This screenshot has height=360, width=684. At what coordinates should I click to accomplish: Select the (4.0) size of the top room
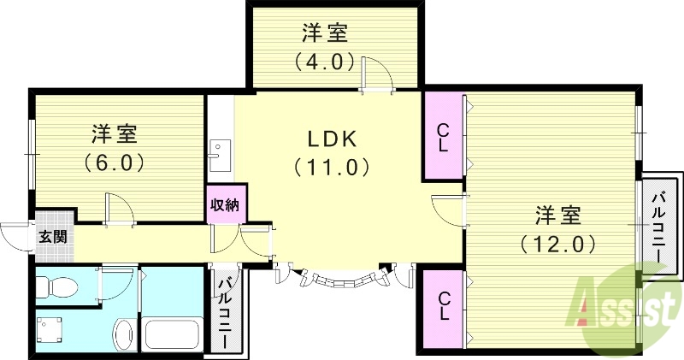pyautogui.click(x=324, y=62)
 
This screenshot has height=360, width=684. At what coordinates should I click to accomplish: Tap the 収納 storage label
pyautogui.click(x=226, y=204)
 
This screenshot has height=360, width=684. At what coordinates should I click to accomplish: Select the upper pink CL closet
pyautogui.click(x=443, y=137)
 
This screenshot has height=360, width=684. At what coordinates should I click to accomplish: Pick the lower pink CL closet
pyautogui.click(x=443, y=306)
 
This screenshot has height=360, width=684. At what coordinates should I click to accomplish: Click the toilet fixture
pyautogui.click(x=60, y=287)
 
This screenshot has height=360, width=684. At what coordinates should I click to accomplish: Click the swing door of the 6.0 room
pyautogui.click(x=119, y=208)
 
